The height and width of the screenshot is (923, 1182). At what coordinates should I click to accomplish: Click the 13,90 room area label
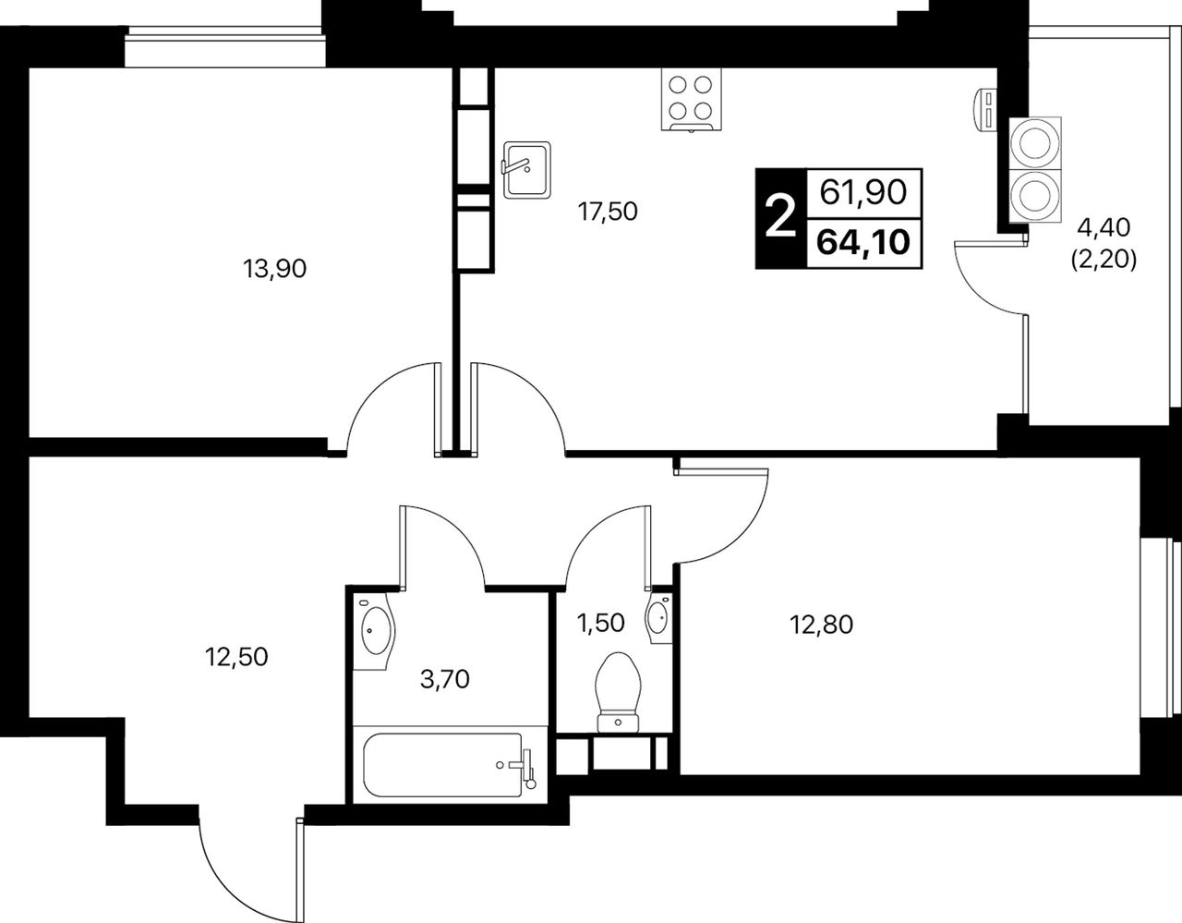(x=274, y=269)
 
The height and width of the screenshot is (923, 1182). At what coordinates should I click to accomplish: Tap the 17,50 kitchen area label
(x=607, y=212)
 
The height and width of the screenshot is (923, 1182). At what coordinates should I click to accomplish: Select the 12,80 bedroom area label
(x=821, y=625)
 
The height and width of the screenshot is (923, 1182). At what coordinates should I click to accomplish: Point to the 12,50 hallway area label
(x=236, y=657)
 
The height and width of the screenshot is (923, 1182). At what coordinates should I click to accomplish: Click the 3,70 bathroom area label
(x=445, y=679)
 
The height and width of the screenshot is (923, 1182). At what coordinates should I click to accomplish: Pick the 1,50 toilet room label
(x=600, y=623)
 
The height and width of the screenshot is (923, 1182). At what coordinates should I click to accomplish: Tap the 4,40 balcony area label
(x=1104, y=227)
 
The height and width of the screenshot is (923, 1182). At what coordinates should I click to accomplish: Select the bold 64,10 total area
(x=863, y=242)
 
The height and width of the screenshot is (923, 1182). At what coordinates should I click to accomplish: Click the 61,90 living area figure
(x=863, y=192)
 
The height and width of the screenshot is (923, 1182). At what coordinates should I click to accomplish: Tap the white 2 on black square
(x=780, y=217)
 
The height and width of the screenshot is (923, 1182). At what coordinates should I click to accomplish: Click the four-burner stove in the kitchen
(x=691, y=100)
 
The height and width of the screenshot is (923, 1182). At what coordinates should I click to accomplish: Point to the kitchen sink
(x=526, y=170)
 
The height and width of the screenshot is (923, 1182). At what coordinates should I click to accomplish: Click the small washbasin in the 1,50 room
(x=658, y=618)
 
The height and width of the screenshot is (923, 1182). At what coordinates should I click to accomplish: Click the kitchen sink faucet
(x=515, y=165)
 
